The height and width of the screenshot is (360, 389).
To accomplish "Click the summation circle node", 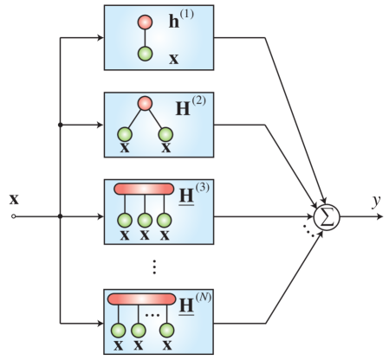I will (327, 216).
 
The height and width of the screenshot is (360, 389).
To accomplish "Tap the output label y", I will (376, 201).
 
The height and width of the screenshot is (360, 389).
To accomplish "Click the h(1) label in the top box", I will (181, 20).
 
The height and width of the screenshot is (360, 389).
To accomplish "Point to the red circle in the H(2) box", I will (146, 104).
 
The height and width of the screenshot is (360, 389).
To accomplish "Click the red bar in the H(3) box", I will (145, 189).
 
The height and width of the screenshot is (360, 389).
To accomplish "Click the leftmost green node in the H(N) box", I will (118, 329).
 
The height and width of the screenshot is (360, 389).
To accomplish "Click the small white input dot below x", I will (13, 216).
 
